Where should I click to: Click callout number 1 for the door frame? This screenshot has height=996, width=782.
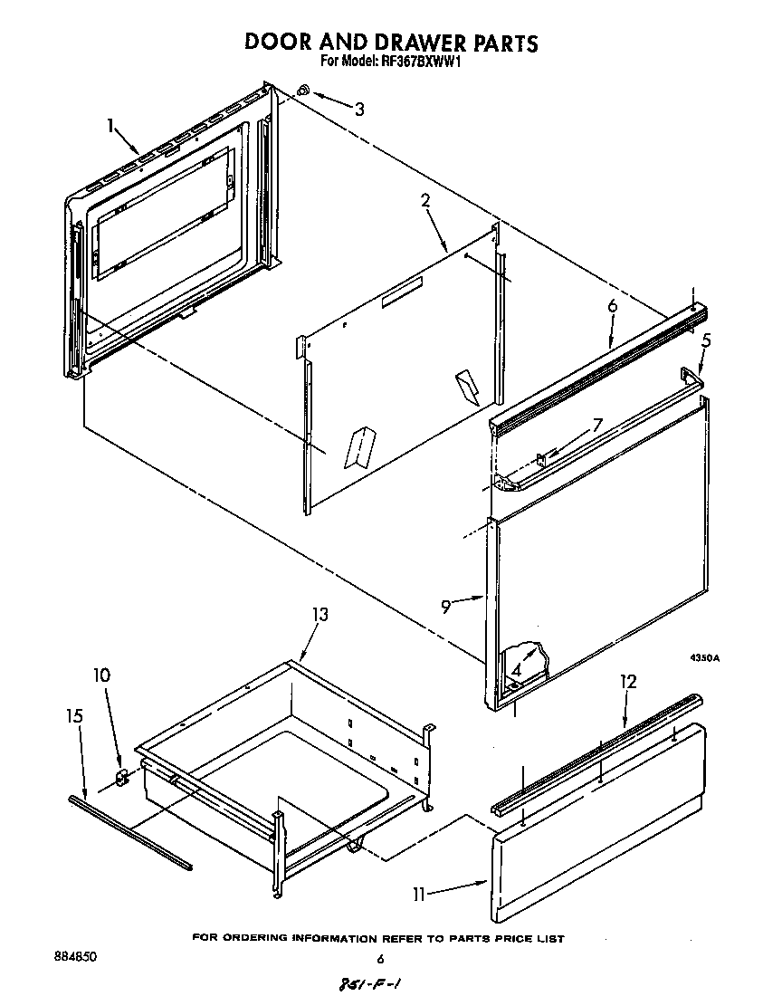pyautogui.click(x=111, y=126)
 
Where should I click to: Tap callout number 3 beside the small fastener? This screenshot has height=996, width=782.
pyautogui.click(x=359, y=110)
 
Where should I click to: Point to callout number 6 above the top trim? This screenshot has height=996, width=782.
pyautogui.click(x=612, y=307)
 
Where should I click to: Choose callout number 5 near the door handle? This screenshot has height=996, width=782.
pyautogui.click(x=707, y=343)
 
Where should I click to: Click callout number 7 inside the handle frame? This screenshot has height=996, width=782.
pyautogui.click(x=596, y=424)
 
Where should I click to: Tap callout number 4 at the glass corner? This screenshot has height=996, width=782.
pyautogui.click(x=515, y=671)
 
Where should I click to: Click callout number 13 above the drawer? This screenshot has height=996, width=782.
pyautogui.click(x=319, y=615)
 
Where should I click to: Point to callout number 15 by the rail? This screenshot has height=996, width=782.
pyautogui.click(x=75, y=715)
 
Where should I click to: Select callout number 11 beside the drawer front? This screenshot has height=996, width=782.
pyautogui.click(x=419, y=895)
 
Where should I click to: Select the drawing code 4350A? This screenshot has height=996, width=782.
pyautogui.click(x=702, y=658)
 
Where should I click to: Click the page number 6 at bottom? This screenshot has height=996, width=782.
pyautogui.click(x=380, y=959)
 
